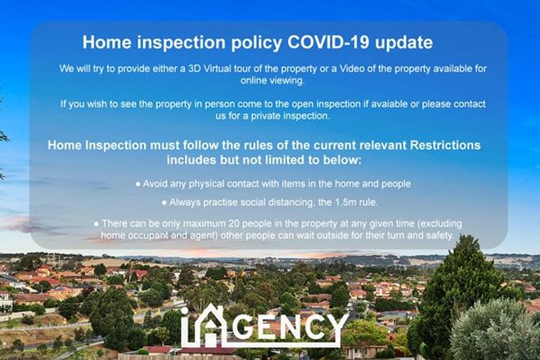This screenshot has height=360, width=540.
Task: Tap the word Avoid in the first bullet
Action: click(x=158, y=183)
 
